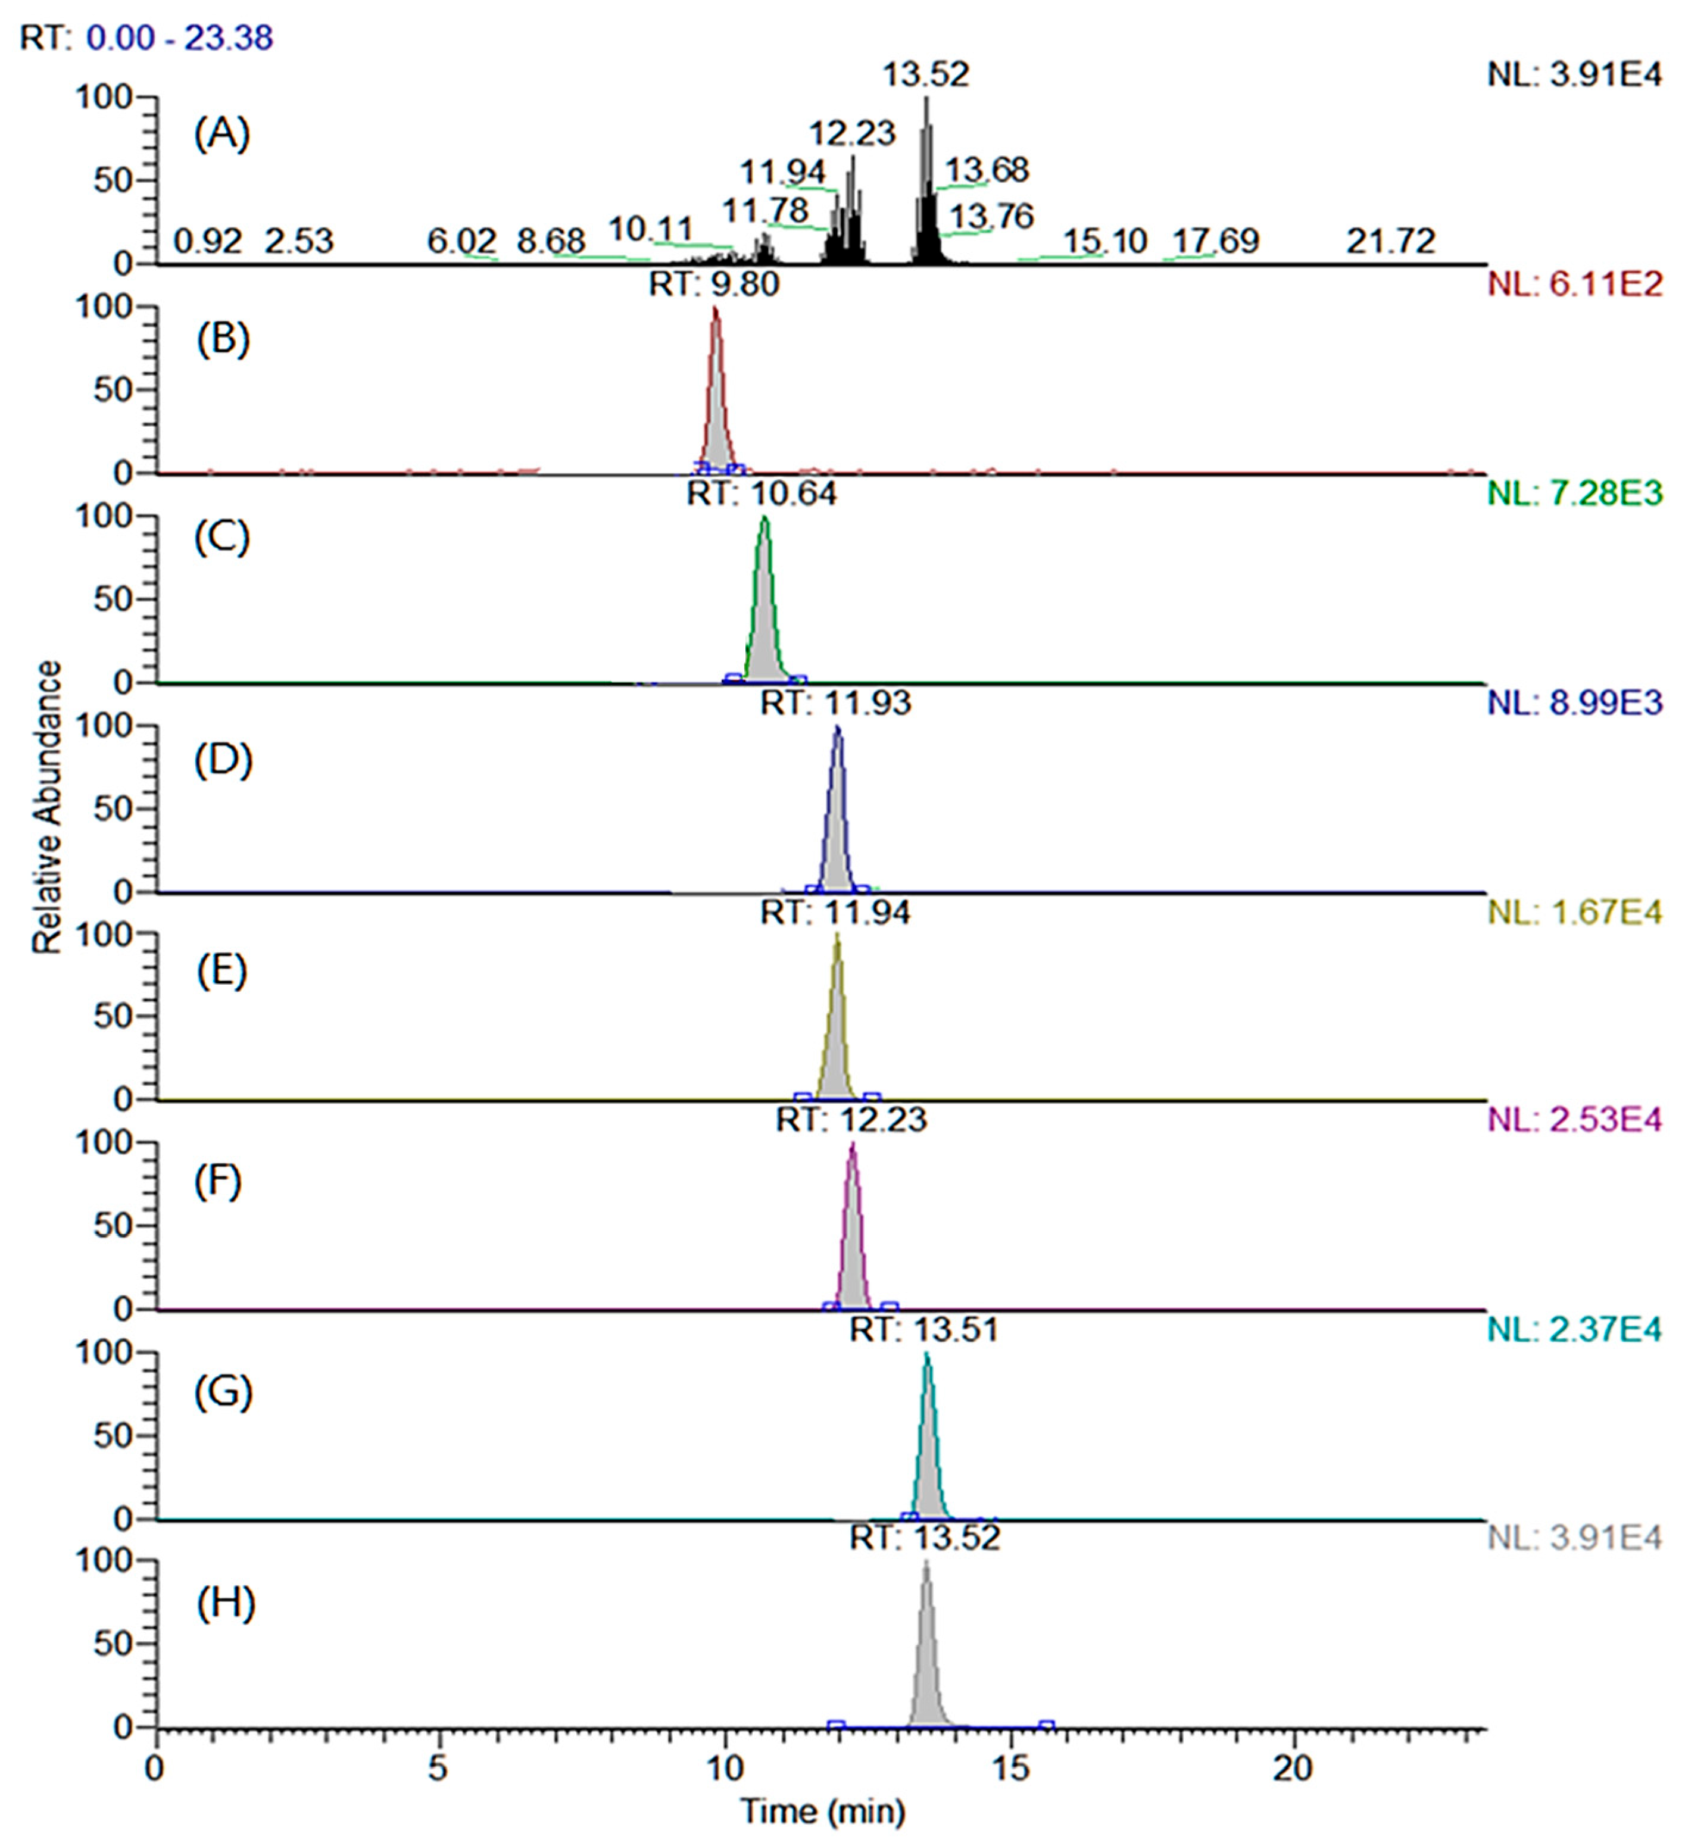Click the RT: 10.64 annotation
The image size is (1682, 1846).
[762, 493]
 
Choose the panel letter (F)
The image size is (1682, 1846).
[220, 1182]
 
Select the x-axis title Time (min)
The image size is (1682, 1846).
[822, 1811]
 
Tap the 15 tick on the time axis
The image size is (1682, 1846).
[1010, 1768]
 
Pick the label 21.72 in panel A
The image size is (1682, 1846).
[1390, 241]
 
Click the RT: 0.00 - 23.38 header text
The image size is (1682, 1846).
[146, 38]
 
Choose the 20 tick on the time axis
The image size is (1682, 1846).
[1294, 1768]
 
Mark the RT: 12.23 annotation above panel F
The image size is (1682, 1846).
[851, 1119]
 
